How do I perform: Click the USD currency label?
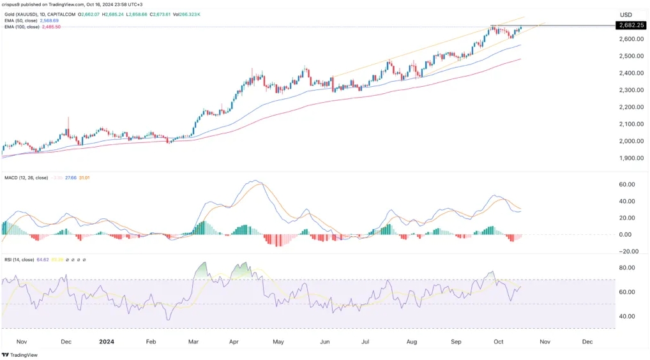[626, 15]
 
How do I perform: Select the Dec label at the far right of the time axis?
[588, 341]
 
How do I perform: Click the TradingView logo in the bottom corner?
[19, 354]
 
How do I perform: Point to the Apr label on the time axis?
[234, 341]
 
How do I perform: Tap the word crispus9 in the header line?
[13, 4]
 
